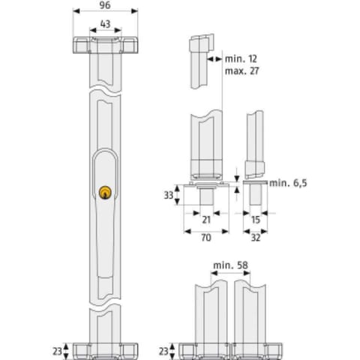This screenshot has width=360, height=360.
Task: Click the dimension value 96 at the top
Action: click(105, 5)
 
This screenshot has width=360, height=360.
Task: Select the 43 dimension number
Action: click(105, 24)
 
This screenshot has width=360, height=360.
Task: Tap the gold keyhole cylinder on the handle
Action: click(105, 193)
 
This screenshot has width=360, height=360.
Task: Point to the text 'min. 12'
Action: click(241, 59)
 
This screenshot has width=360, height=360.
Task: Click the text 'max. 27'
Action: click(241, 71)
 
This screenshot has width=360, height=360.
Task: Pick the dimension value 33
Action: click(169, 195)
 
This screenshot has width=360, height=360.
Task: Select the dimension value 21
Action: click(206, 220)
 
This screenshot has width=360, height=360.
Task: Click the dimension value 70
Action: click(206, 238)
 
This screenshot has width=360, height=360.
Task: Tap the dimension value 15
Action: click(256, 220)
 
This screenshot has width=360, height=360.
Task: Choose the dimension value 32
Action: click(256, 238)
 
